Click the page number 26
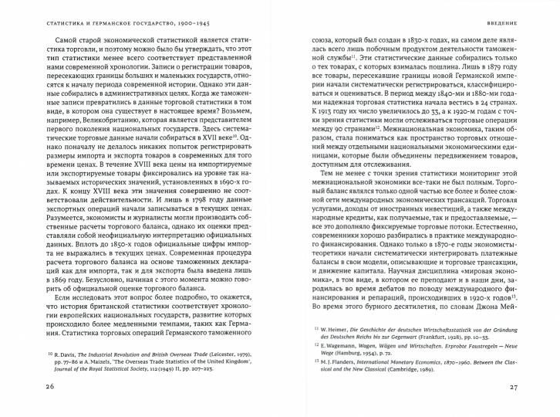point(28,387)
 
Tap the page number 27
point(531,387)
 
